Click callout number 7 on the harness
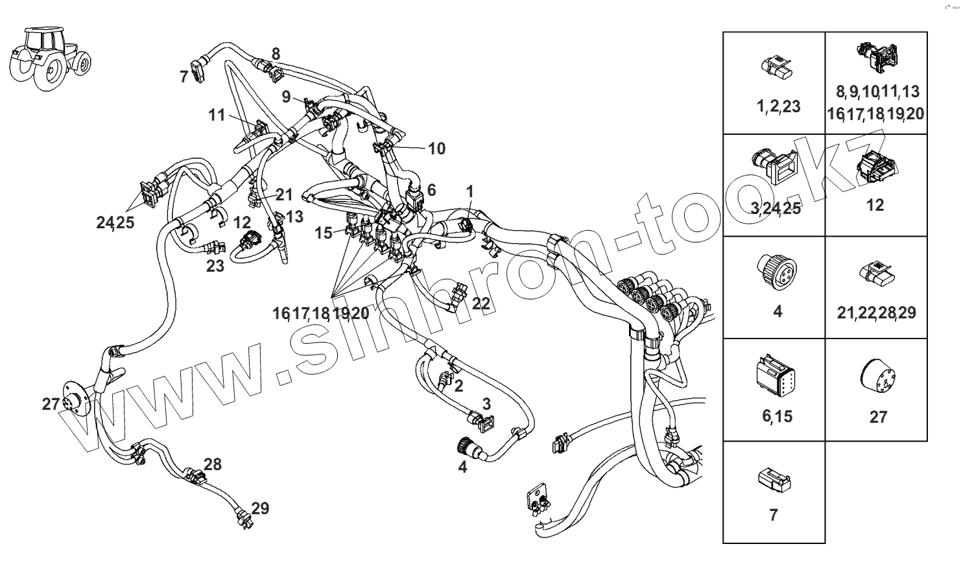tap(184, 77)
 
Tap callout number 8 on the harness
tap(276, 54)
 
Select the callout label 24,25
tap(115, 222)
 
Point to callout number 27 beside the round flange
tap(51, 404)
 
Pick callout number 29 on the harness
tap(260, 508)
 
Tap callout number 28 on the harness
tap(213, 464)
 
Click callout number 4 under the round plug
tap(462, 466)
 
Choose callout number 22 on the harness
tap(481, 303)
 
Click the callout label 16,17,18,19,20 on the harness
tap(321, 313)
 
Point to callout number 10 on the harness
tap(437, 148)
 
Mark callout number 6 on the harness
tap(432, 190)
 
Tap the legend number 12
tap(875, 205)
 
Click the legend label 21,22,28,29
tap(877, 313)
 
